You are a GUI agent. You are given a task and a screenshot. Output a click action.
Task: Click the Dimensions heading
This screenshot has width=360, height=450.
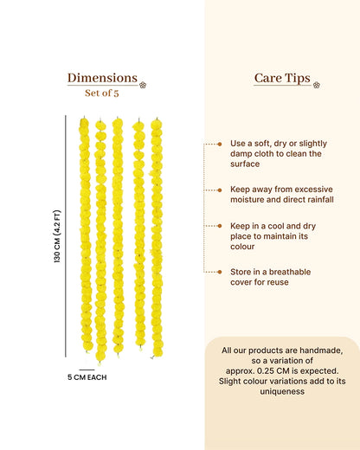coord(102,78)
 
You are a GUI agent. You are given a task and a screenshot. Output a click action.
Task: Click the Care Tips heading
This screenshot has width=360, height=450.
coord(282,78)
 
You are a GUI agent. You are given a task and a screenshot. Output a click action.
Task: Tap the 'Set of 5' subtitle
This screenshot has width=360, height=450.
coord(102,93)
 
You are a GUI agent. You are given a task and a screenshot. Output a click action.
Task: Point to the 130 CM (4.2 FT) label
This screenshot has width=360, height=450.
coord(57,236)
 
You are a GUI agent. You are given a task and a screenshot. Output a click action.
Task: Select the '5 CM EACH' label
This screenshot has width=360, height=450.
coord(87,377)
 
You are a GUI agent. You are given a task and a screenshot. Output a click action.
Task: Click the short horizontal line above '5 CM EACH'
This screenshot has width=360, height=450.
coord(87,370)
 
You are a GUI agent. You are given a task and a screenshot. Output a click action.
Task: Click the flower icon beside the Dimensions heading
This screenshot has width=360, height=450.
coord(143,85)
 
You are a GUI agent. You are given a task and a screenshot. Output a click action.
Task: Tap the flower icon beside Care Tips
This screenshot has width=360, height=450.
coord(317,85)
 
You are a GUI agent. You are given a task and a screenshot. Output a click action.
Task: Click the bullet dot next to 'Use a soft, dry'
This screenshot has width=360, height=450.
coord(220,144)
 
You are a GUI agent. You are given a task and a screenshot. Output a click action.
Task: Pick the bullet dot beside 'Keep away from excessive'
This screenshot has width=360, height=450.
coord(220,190)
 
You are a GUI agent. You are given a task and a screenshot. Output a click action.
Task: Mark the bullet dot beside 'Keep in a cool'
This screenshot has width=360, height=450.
coord(220,226)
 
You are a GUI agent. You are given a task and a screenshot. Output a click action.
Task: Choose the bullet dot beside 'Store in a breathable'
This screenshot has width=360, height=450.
coord(220,272)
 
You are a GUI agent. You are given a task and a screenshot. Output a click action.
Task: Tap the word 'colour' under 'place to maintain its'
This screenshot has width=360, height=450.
coord(242,247)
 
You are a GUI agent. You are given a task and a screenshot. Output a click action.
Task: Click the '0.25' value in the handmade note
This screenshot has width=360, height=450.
coord(266,371)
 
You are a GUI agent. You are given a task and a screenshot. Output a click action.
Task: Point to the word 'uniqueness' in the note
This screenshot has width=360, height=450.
coord(282,392)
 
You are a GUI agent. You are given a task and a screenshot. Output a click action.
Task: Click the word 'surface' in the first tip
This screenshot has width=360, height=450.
coord(245,164)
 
